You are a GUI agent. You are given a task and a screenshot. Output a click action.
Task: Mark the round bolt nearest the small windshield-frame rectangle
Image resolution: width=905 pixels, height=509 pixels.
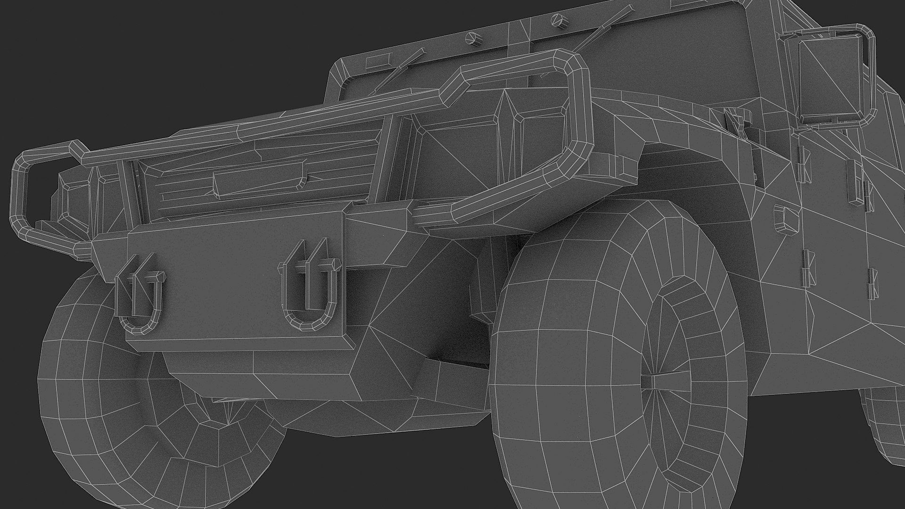(x=471, y=38)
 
